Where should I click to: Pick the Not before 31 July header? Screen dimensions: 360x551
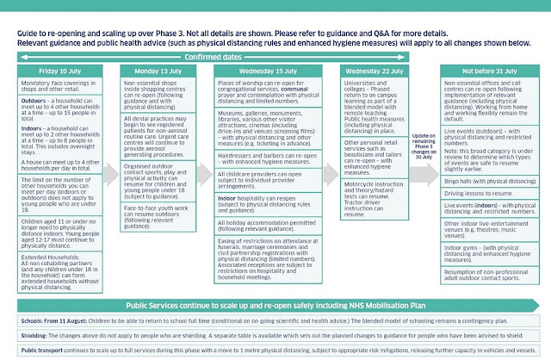click(494, 71)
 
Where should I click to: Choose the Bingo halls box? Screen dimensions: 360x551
click(494, 159)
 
